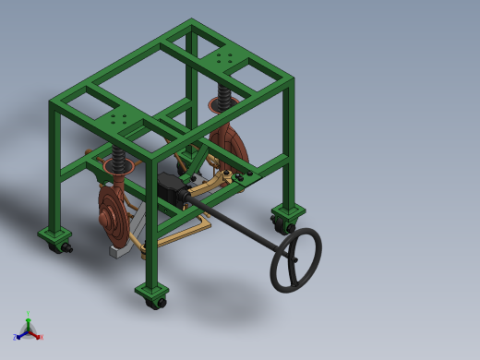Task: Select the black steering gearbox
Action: (172, 188)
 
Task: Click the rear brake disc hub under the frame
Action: (231, 148)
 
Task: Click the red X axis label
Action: (41, 337)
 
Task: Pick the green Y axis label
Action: (28, 315)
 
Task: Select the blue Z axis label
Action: (15, 338)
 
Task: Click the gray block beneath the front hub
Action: (118, 250)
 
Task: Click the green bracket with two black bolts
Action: (244, 173)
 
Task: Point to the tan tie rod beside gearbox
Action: (214, 188)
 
